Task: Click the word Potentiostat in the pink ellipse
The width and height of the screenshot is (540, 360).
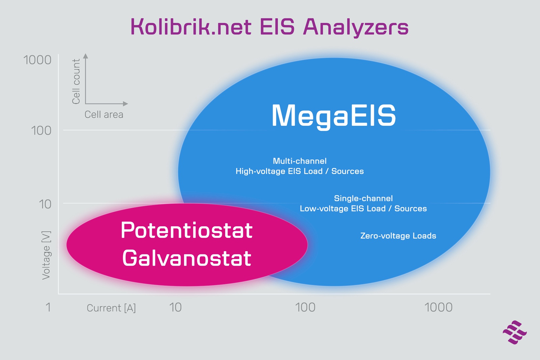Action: pos(187,230)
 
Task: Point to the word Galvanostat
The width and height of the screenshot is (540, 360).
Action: pos(187,258)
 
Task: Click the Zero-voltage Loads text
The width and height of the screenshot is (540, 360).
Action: pos(398,236)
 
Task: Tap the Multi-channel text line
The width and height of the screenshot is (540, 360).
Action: pos(300,161)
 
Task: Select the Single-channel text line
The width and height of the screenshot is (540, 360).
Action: pos(363,199)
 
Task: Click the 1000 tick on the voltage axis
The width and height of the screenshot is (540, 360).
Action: pos(37,60)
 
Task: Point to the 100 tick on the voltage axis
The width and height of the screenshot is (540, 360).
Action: pos(41,131)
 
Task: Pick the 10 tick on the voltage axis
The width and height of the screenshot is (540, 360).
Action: pos(45,204)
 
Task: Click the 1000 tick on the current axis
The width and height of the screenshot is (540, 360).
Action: pos(438,307)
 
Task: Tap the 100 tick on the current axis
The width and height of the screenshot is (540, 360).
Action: pos(305,307)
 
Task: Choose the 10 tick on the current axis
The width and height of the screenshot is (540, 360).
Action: pos(175,307)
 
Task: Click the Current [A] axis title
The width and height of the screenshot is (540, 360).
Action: pos(111,308)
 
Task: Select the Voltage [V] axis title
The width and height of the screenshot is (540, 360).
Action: pos(46,255)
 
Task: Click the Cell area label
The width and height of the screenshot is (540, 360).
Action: pos(104,114)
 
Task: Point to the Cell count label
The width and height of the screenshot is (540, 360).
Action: pos(76,81)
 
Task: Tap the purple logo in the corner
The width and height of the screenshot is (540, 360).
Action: pos(515,332)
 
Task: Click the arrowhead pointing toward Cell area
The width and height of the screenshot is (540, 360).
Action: pos(126,104)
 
